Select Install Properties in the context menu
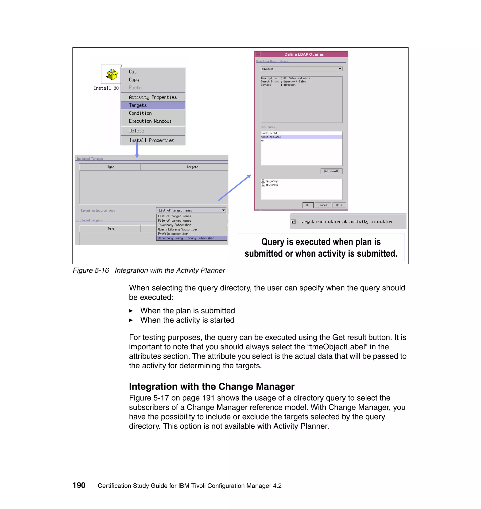[x=151, y=140]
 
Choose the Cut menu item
[x=132, y=72]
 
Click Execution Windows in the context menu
[x=150, y=121]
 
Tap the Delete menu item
[x=136, y=131]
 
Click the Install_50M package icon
[x=111, y=75]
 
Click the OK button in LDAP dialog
[x=308, y=205]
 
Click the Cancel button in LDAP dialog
[x=322, y=205]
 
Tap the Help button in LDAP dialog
[x=339, y=205]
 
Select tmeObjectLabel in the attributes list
[x=271, y=137]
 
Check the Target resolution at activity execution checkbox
[x=294, y=222]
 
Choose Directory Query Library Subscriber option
[x=186, y=238]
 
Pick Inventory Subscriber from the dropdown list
[x=175, y=225]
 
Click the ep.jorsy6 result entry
[x=272, y=181]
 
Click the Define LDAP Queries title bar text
[x=304, y=54]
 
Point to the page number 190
[x=79, y=485]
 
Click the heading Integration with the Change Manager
[x=212, y=386]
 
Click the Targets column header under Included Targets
[x=192, y=167]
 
